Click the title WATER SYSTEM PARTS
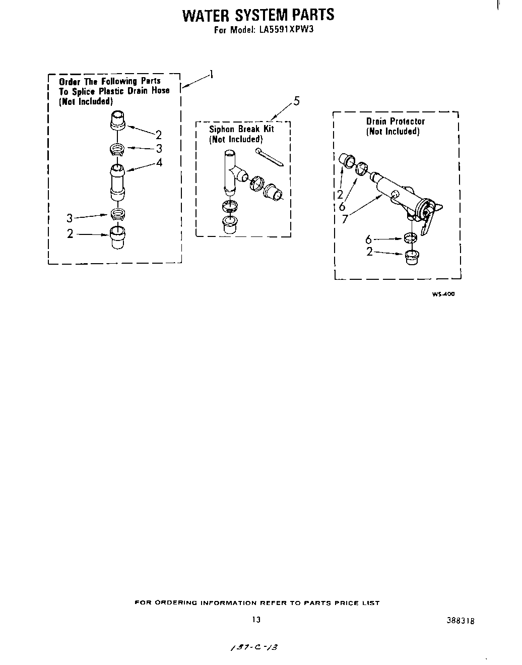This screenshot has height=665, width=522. click(x=257, y=15)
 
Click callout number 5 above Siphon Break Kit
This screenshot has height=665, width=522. click(x=296, y=101)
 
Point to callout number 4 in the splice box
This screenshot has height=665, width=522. click(x=159, y=162)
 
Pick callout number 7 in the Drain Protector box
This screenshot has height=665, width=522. click(x=345, y=219)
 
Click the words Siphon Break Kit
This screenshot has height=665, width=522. click(x=241, y=129)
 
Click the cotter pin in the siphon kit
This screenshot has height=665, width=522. click(x=270, y=157)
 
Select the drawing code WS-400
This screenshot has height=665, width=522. click(x=443, y=294)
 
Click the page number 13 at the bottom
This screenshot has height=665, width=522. click(x=256, y=620)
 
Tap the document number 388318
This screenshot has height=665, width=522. click(x=461, y=621)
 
